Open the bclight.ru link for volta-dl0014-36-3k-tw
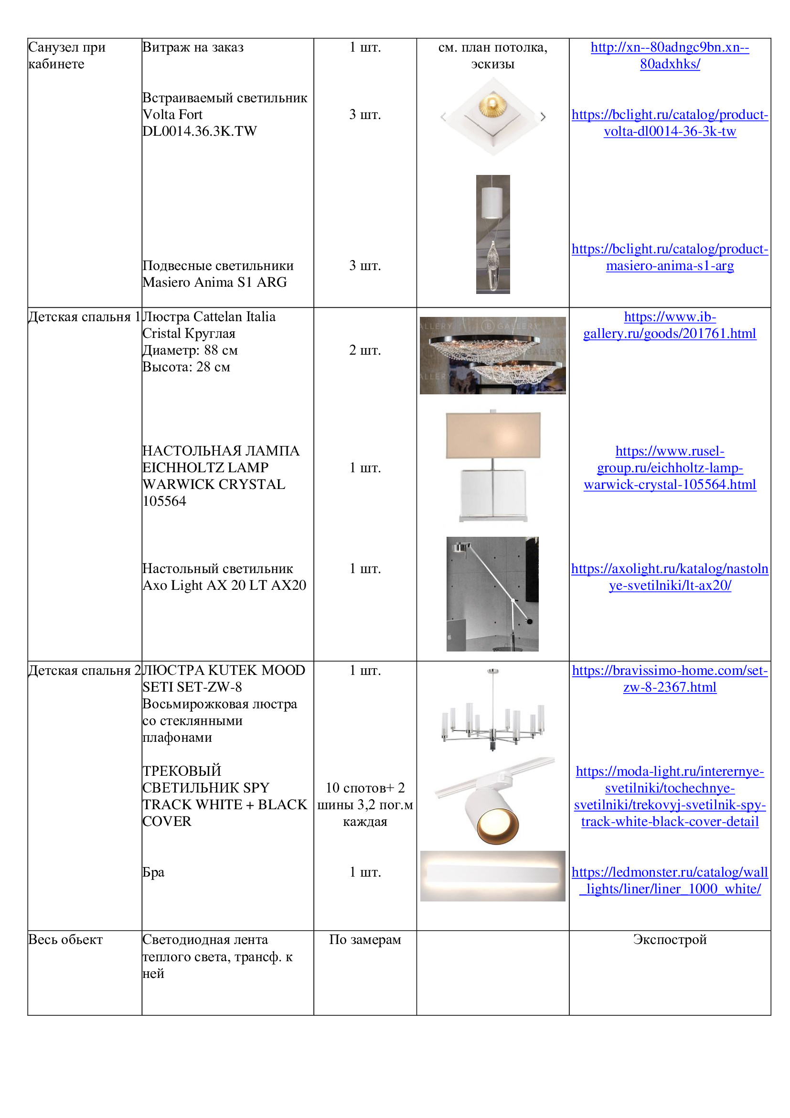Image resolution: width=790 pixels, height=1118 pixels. click(x=669, y=123)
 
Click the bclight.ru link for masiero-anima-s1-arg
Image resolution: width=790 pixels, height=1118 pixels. click(x=669, y=257)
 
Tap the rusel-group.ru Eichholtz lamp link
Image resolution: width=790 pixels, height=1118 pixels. click(x=669, y=467)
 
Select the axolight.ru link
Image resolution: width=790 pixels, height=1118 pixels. click(x=669, y=576)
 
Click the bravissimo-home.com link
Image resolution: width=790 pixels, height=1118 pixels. click(x=669, y=678)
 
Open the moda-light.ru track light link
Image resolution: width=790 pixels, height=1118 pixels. click(x=669, y=796)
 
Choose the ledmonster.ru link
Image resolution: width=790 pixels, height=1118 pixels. click(x=669, y=880)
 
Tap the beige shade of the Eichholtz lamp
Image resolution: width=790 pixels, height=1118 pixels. click(x=493, y=435)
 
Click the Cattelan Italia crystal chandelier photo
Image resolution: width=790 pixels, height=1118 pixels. click(x=492, y=356)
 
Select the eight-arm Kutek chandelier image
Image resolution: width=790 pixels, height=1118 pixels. click(x=492, y=710)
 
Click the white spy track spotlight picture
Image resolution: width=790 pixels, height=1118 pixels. click(x=492, y=809)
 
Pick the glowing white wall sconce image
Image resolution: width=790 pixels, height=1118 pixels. click(x=492, y=875)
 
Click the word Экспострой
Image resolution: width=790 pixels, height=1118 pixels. click(x=669, y=939)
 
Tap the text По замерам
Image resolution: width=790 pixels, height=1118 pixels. click(x=365, y=939)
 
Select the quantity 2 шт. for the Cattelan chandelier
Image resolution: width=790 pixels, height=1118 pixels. click(x=365, y=350)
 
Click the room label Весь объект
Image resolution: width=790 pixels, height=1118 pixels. click(x=65, y=939)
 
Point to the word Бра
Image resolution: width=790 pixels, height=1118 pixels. click(x=153, y=872)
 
